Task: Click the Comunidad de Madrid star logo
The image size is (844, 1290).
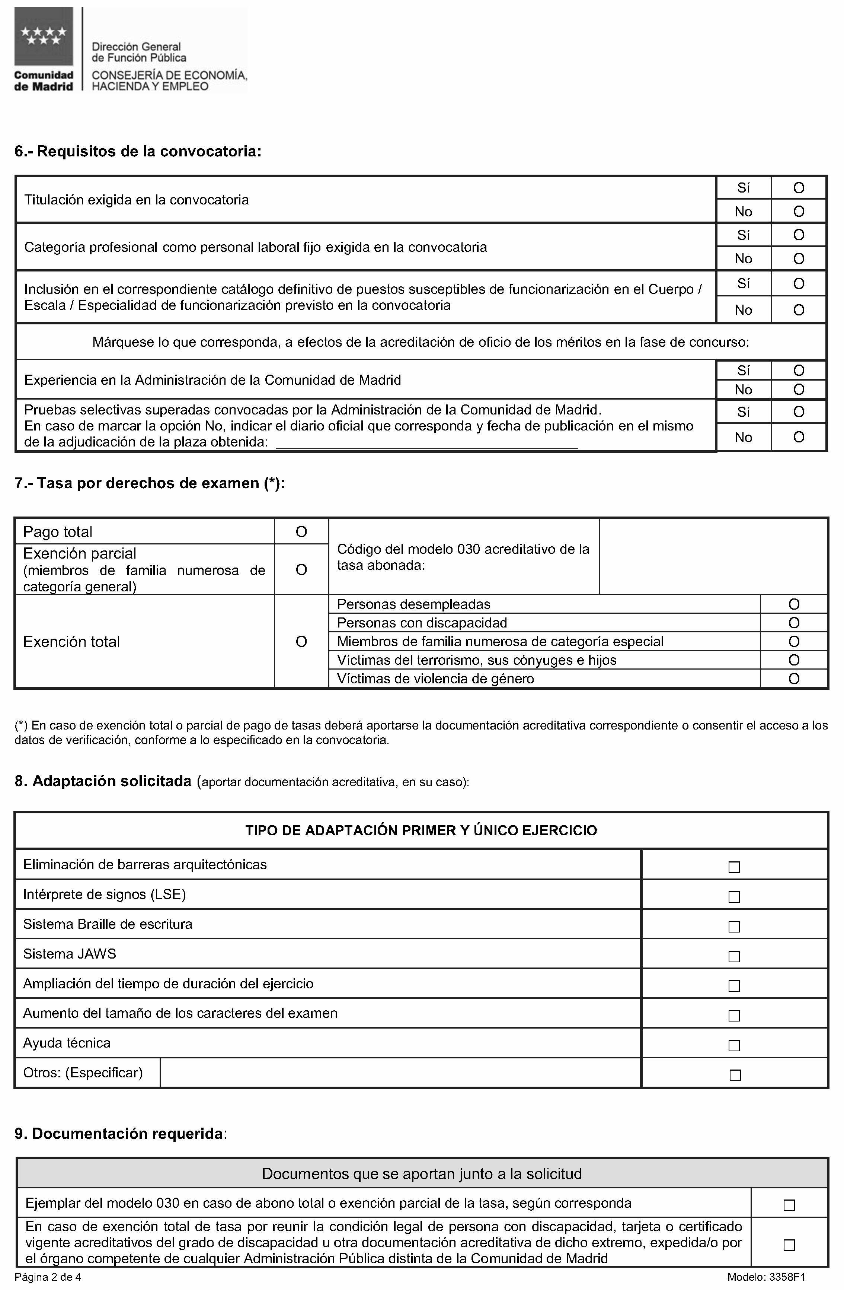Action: tap(43, 37)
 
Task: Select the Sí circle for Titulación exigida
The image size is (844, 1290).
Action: tap(799, 188)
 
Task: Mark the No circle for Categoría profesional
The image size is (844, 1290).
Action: tap(799, 258)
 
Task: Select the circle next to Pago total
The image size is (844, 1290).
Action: tap(301, 532)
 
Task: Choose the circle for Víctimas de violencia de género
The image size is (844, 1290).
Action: tap(794, 679)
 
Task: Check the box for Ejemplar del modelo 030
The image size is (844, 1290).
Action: tap(789, 1205)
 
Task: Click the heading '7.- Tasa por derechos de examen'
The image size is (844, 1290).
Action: tap(150, 483)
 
